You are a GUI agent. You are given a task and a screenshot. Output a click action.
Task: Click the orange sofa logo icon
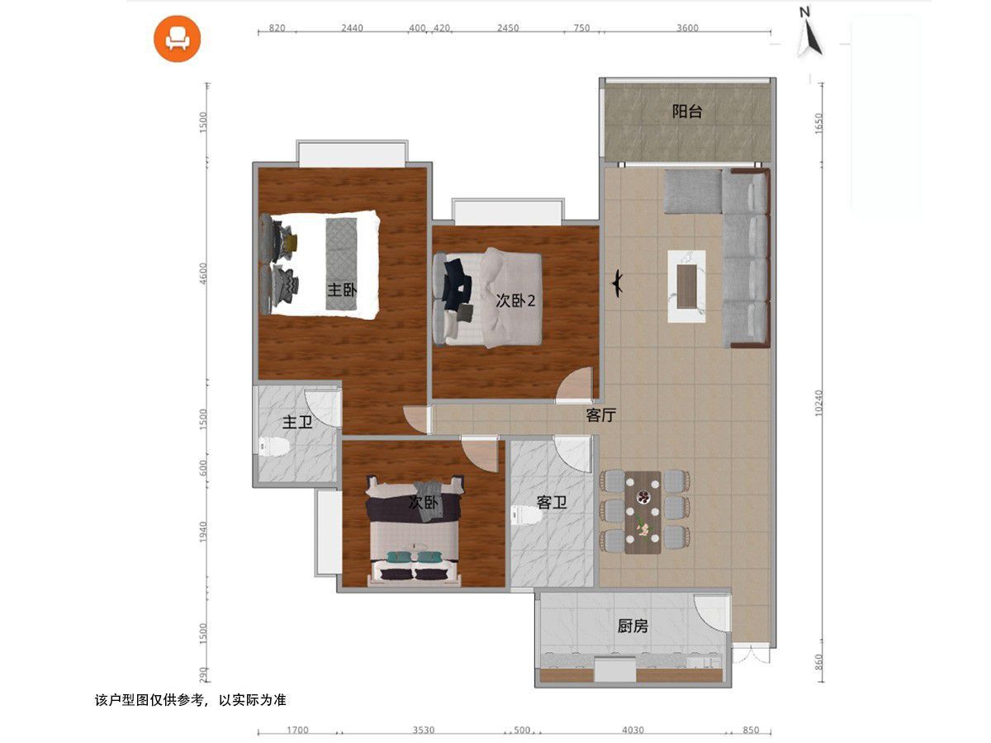pos(177,39)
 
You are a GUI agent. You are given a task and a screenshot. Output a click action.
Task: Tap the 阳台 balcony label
pos(687,111)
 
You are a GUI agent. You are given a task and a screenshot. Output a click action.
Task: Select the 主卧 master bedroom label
pos(342,290)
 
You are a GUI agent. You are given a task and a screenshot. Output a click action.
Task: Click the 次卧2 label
pos(515,301)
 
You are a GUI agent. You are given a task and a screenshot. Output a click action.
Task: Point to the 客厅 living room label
pos(600,415)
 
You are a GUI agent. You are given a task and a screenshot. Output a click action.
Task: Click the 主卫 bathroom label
pos(297,422)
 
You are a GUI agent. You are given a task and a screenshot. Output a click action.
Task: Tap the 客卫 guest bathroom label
pos(552,502)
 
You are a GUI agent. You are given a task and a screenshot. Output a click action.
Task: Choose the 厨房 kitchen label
pos(633,626)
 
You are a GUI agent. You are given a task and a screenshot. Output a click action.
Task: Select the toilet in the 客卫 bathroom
pos(524,515)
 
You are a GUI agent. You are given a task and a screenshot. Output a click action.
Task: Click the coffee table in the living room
pos(686,286)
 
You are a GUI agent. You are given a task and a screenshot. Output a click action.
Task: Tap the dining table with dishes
pos(642,513)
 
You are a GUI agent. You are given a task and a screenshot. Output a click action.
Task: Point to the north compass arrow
pos(809,35)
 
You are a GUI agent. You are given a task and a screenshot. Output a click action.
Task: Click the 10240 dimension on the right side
pos(818,403)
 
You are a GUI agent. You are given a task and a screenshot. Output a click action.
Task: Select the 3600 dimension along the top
pos(687,28)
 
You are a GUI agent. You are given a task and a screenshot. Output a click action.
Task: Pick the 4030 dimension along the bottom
pos(633,731)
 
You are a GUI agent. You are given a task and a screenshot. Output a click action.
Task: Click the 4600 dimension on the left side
pos(204,273)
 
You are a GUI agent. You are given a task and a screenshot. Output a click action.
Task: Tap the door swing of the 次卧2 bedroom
pos(574,385)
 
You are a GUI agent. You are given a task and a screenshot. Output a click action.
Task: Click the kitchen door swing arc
pos(713,613)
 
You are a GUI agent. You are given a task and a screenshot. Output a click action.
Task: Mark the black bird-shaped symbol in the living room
pos(617,283)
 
